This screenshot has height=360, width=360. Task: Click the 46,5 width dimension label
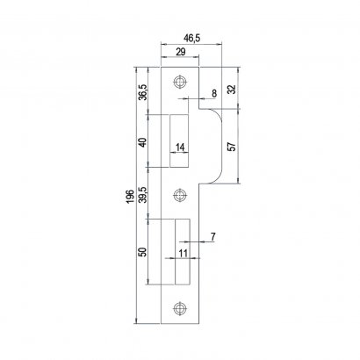pos(191,39)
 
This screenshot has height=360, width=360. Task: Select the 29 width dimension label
pos(181,52)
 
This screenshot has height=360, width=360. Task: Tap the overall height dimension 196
pos(131,197)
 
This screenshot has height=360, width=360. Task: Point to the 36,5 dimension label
pos(143,92)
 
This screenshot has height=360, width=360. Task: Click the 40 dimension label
pos(143,143)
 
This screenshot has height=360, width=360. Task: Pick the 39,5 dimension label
pos(143,194)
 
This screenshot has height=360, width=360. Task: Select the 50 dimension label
pos(143,252)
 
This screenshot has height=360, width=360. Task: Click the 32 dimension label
pos(232,90)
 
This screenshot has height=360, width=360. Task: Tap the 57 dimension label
pos(232,147)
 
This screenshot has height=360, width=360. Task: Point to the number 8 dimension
pos(214,94)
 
